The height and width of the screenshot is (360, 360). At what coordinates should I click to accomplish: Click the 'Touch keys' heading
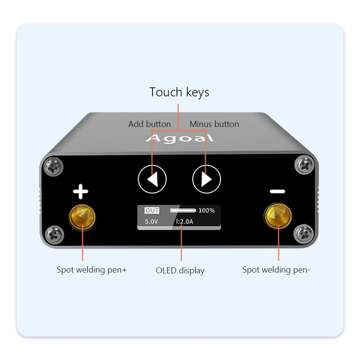point(179,92)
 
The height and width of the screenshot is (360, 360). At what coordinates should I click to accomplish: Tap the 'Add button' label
point(149,124)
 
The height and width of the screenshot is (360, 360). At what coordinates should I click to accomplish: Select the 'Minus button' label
point(214,124)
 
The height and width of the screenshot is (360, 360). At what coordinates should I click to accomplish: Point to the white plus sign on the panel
point(81,192)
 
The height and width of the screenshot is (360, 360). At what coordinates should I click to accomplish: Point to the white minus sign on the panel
point(277,192)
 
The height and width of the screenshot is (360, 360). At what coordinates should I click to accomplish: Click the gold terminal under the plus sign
point(82,216)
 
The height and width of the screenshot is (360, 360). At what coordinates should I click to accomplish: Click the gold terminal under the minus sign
point(278,217)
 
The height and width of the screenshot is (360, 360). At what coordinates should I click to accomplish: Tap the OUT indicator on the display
point(152,211)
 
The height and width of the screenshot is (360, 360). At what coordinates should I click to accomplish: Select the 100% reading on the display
point(206,210)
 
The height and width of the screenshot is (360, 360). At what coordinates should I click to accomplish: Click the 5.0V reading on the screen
point(151,221)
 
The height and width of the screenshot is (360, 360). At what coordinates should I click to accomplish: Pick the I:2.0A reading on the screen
point(184,221)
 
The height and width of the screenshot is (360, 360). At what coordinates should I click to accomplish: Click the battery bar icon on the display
point(183,210)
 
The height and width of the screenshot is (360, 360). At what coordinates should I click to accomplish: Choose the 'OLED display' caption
point(180,270)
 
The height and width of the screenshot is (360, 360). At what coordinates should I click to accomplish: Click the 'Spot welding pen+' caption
point(92,270)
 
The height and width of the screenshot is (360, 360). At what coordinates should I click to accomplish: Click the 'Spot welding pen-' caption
point(276,270)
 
